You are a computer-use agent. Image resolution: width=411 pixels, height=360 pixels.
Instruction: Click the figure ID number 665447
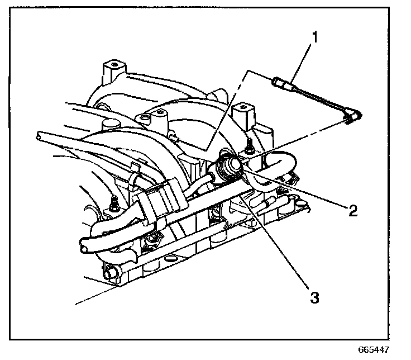[373, 349]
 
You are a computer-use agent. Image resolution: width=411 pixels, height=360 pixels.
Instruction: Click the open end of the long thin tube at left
[37, 135]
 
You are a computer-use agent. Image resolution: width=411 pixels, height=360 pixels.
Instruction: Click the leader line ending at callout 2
[302, 190]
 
